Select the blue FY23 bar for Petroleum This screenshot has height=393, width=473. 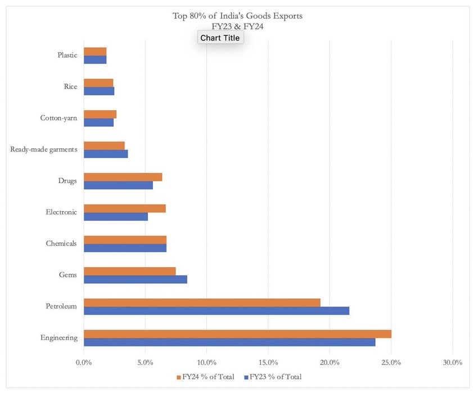(x=217, y=310)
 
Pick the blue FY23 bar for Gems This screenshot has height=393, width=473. (x=136, y=279)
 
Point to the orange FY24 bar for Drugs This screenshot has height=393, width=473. (x=123, y=177)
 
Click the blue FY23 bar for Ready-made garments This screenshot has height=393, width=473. (x=106, y=154)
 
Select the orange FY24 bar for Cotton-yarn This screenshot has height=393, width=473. (x=100, y=115)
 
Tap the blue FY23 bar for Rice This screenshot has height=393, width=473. (x=99, y=91)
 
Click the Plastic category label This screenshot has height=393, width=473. (x=67, y=55)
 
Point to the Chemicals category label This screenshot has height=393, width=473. (x=61, y=244)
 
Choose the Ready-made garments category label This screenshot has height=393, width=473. (x=44, y=149)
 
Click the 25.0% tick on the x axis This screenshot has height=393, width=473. (x=391, y=363)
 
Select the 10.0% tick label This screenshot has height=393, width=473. (x=206, y=363)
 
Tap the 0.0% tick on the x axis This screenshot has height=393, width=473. (x=84, y=363)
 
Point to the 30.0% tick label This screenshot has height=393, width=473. (x=452, y=363)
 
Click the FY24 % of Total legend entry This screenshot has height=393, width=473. (x=205, y=377)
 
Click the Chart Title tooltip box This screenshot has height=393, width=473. (x=220, y=38)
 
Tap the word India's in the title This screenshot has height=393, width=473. (x=235, y=16)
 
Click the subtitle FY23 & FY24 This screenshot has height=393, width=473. (x=237, y=25)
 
